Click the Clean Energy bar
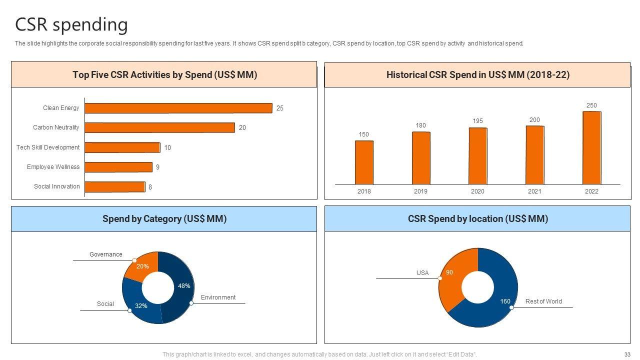(178, 108)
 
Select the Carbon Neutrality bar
(159, 127)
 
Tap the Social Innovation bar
(115, 186)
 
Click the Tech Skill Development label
(48, 147)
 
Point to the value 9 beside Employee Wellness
(157, 167)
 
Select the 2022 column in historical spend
(591, 147)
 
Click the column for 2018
(364, 162)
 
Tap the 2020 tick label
(477, 191)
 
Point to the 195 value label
(477, 121)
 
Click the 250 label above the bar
(591, 105)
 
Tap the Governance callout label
(105, 254)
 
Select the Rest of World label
(543, 301)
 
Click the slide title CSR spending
(71, 24)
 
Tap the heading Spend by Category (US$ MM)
(164, 219)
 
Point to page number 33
(627, 354)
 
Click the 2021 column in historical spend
(534, 155)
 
